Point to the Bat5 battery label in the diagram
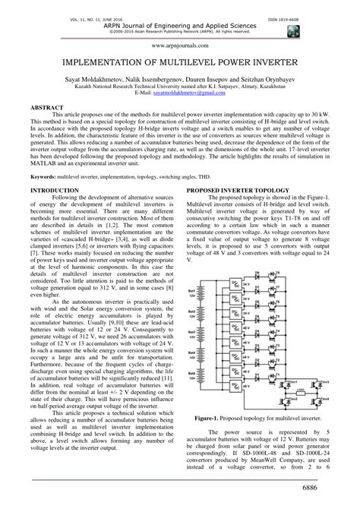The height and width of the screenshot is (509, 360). pyautogui.click(x=200, y=378)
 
